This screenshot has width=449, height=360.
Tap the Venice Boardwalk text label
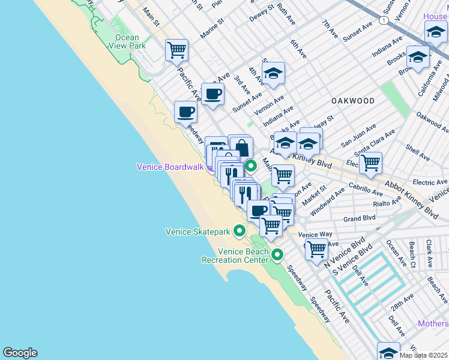171,167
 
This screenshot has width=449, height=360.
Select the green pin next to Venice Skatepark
240,230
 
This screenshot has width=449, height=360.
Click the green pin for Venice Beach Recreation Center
277,255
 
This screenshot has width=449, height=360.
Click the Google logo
20,353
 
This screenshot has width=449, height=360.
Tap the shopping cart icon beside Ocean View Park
176,50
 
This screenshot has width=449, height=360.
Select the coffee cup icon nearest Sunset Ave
212,94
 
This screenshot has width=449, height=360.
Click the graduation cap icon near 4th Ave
274,74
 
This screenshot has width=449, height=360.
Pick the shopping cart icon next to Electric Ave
370,162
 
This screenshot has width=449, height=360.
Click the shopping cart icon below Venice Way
316,247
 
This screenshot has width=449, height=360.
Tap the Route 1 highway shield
382,21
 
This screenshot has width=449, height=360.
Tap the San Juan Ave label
358,136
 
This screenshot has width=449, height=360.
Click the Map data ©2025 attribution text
424,355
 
